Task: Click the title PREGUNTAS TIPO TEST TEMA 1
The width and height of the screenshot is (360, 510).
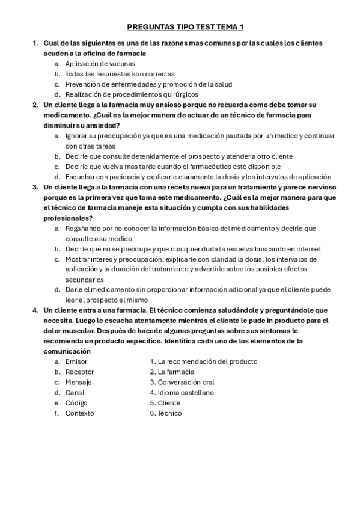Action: click(x=186, y=27)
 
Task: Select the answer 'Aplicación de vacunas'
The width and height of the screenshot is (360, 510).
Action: click(x=100, y=64)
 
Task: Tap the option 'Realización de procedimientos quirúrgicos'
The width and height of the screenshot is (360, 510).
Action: click(x=132, y=94)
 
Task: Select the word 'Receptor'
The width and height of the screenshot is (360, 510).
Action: click(x=79, y=372)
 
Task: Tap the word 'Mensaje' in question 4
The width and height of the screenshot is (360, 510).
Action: click(x=78, y=382)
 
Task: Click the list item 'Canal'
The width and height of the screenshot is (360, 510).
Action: click(x=75, y=392)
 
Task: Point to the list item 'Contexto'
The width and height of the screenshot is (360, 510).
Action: click(x=79, y=413)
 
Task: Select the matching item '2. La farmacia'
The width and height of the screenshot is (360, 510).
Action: click(x=172, y=372)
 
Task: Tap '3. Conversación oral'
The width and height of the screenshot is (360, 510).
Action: click(x=182, y=382)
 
